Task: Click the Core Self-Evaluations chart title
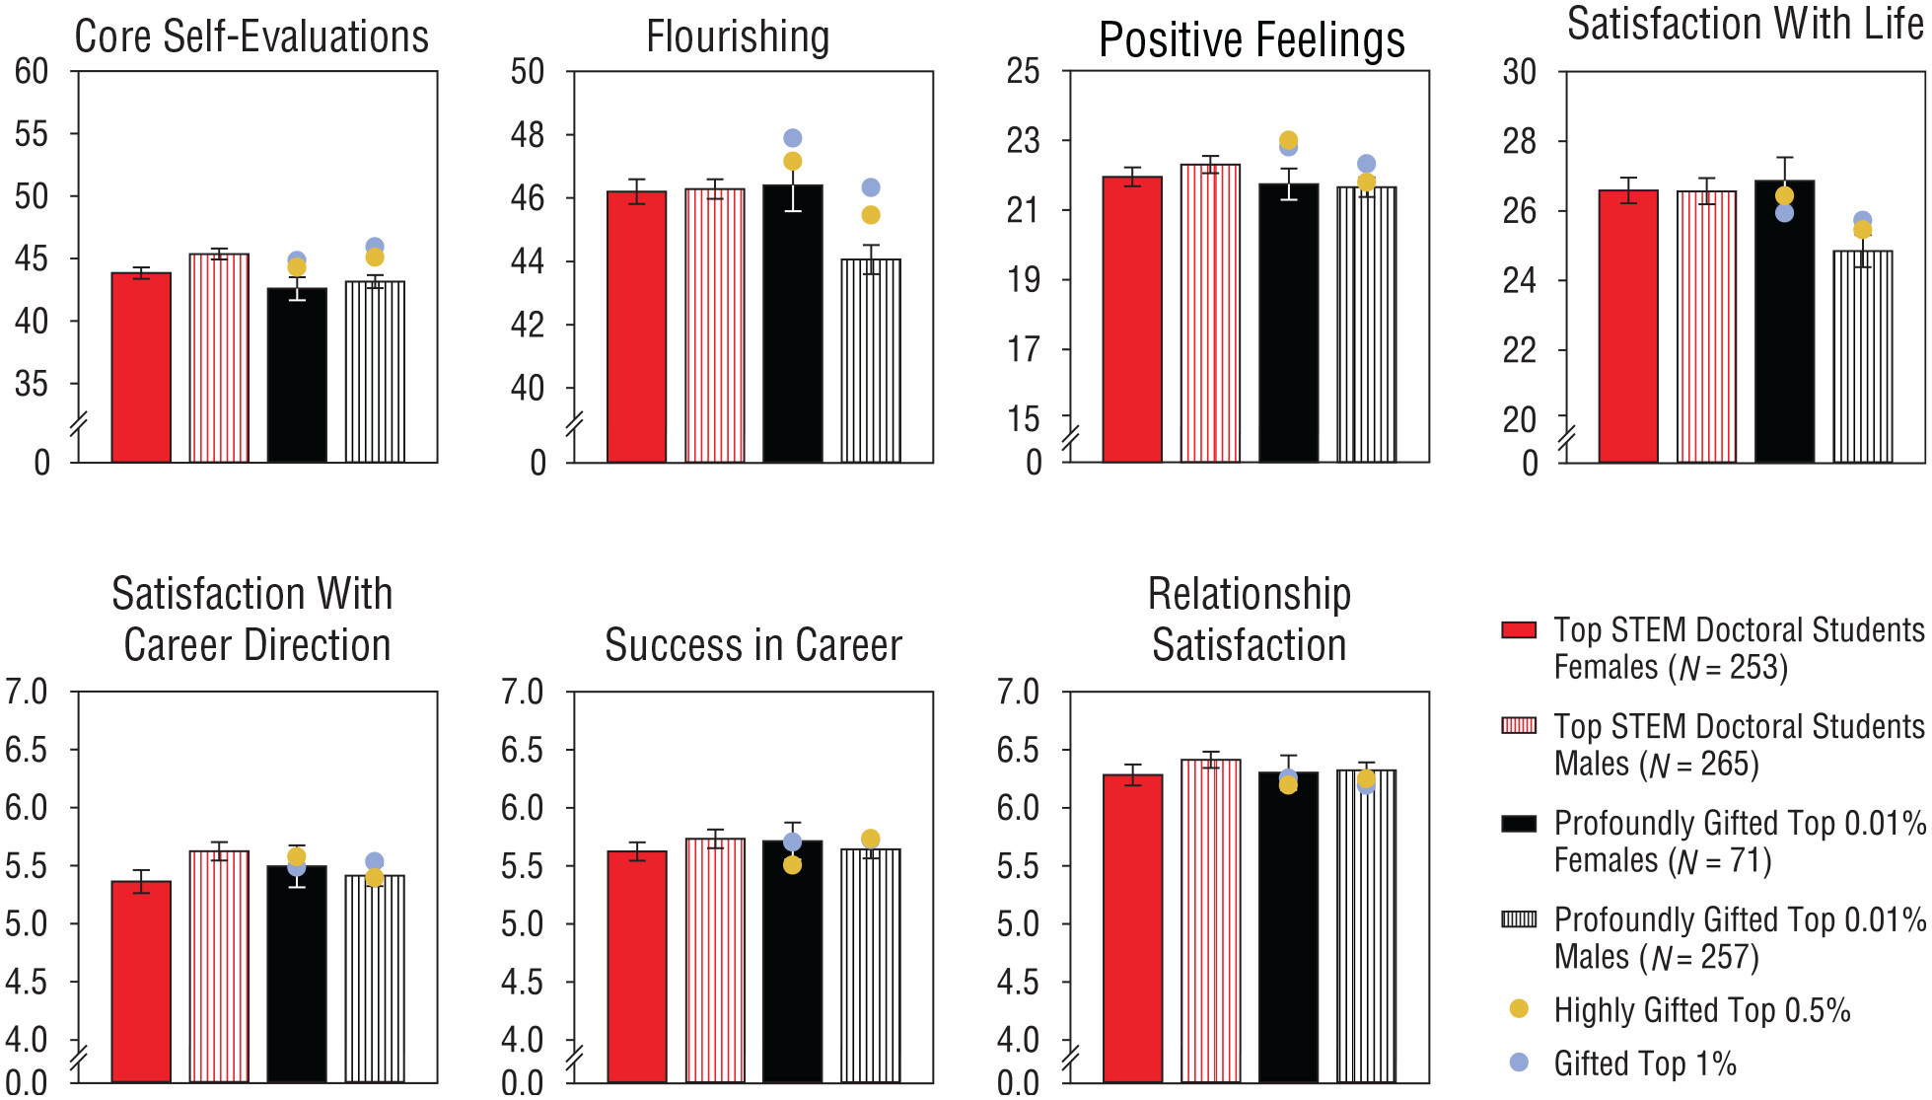[251, 37]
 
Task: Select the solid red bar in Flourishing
[636, 326]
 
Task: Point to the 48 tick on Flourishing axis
[528, 135]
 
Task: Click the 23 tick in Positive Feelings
[1023, 141]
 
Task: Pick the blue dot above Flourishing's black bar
[792, 138]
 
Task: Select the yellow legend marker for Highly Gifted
[1519, 1008]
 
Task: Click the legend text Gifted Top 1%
[1644, 1063]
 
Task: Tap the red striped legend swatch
[1519, 726]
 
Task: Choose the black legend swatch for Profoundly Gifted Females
[1519, 823]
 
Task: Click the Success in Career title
[752, 646]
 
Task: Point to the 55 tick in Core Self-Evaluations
[32, 134]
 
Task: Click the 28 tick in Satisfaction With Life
[1519, 142]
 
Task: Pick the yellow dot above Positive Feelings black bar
[1288, 139]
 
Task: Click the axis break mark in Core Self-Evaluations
[78, 426]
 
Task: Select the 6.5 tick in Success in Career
[522, 751]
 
